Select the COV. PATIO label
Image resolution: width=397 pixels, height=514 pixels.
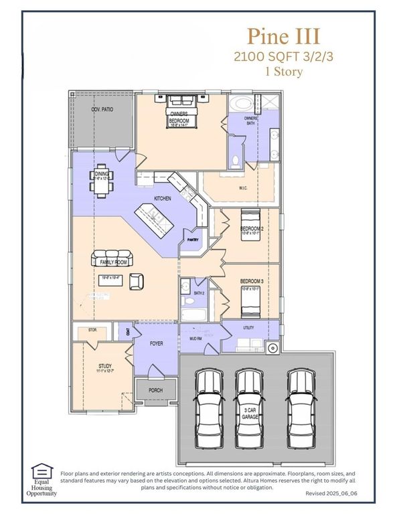click(102, 108)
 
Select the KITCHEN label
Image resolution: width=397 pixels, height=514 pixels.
click(163, 199)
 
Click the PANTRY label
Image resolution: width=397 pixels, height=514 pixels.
click(193, 239)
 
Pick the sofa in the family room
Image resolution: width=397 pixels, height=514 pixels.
click(114, 259)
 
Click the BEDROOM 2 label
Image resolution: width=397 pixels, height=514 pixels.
click(252, 229)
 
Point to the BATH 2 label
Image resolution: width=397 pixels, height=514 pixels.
click(199, 294)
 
